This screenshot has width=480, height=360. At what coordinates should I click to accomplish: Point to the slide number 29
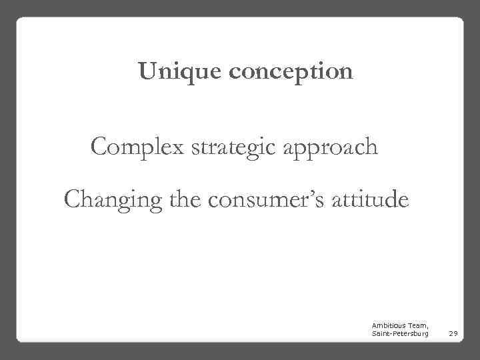(451, 331)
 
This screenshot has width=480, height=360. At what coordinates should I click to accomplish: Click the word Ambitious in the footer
(387, 323)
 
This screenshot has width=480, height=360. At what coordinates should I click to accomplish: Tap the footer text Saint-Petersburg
(400, 331)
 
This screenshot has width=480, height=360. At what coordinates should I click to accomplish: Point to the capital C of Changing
(73, 198)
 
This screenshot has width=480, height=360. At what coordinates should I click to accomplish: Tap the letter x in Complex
(178, 148)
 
